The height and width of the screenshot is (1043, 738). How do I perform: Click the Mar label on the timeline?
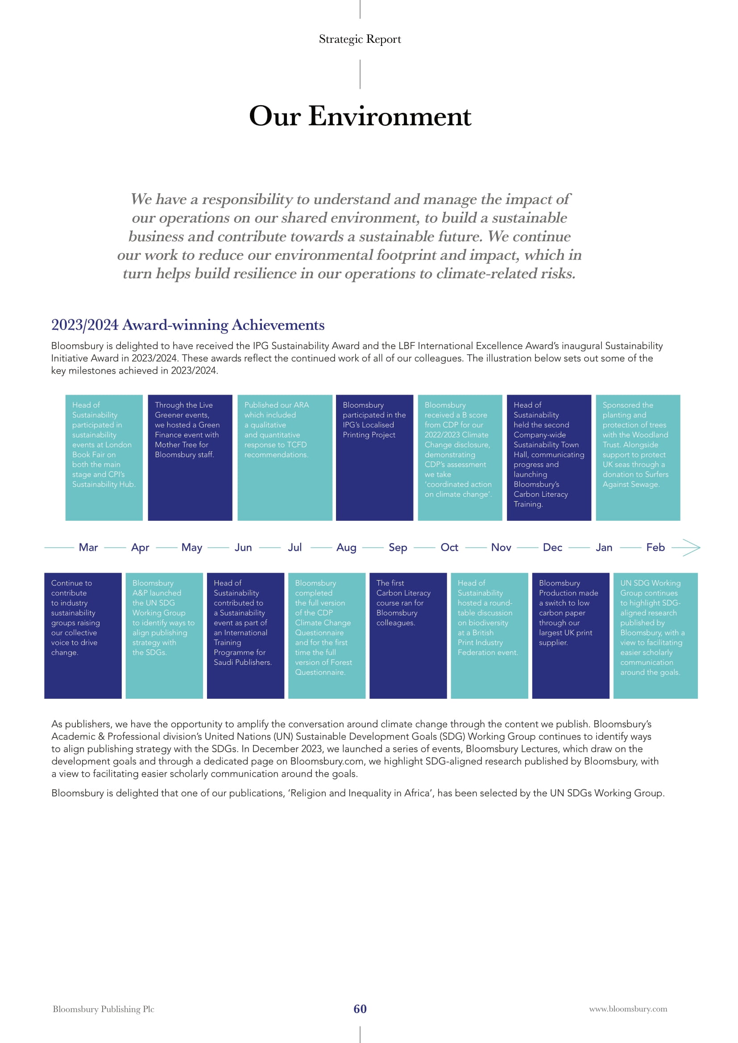point(88,548)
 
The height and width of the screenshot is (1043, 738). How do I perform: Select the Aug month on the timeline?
point(346,548)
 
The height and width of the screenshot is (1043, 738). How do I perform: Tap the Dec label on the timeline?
point(552,548)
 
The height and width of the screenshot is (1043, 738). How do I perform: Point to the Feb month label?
point(655,548)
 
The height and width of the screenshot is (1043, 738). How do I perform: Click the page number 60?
point(360,1009)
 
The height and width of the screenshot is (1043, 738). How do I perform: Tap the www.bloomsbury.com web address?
point(628,1009)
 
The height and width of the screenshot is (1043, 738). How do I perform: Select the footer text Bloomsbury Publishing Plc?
point(104,1009)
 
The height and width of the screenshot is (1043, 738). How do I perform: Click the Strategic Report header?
point(360,40)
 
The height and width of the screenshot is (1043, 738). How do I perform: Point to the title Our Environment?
point(360,116)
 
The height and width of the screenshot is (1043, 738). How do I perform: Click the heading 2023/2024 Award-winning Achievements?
point(188,325)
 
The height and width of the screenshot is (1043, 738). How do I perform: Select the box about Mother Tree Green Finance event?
point(190,458)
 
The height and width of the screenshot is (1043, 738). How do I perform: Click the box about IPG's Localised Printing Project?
point(374,458)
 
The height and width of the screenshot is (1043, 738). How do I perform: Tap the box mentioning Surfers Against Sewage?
point(638,458)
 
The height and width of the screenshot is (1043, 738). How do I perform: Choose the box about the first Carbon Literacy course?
point(408,635)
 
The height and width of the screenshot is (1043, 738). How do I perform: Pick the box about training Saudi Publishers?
point(245,635)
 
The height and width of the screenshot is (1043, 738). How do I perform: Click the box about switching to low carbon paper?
point(571,635)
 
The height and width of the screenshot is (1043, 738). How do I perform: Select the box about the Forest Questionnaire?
point(327,635)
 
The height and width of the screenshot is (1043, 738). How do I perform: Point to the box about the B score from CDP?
point(460,458)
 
